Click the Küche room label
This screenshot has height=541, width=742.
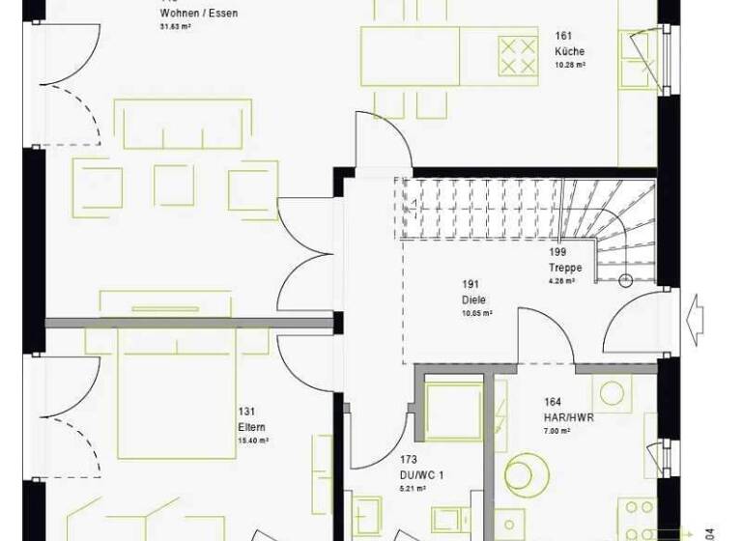(569, 51)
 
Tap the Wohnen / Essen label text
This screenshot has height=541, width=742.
(198, 14)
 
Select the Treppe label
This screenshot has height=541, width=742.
(566, 268)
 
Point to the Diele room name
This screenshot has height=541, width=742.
(471, 299)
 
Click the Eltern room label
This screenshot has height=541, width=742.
(251, 426)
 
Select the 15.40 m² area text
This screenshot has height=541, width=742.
(254, 440)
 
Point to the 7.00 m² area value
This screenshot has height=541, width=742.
(559, 431)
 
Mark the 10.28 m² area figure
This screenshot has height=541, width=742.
(570, 65)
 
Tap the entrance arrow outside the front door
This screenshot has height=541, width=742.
(694, 314)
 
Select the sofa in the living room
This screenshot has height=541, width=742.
(178, 126)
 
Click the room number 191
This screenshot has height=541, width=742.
(470, 285)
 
